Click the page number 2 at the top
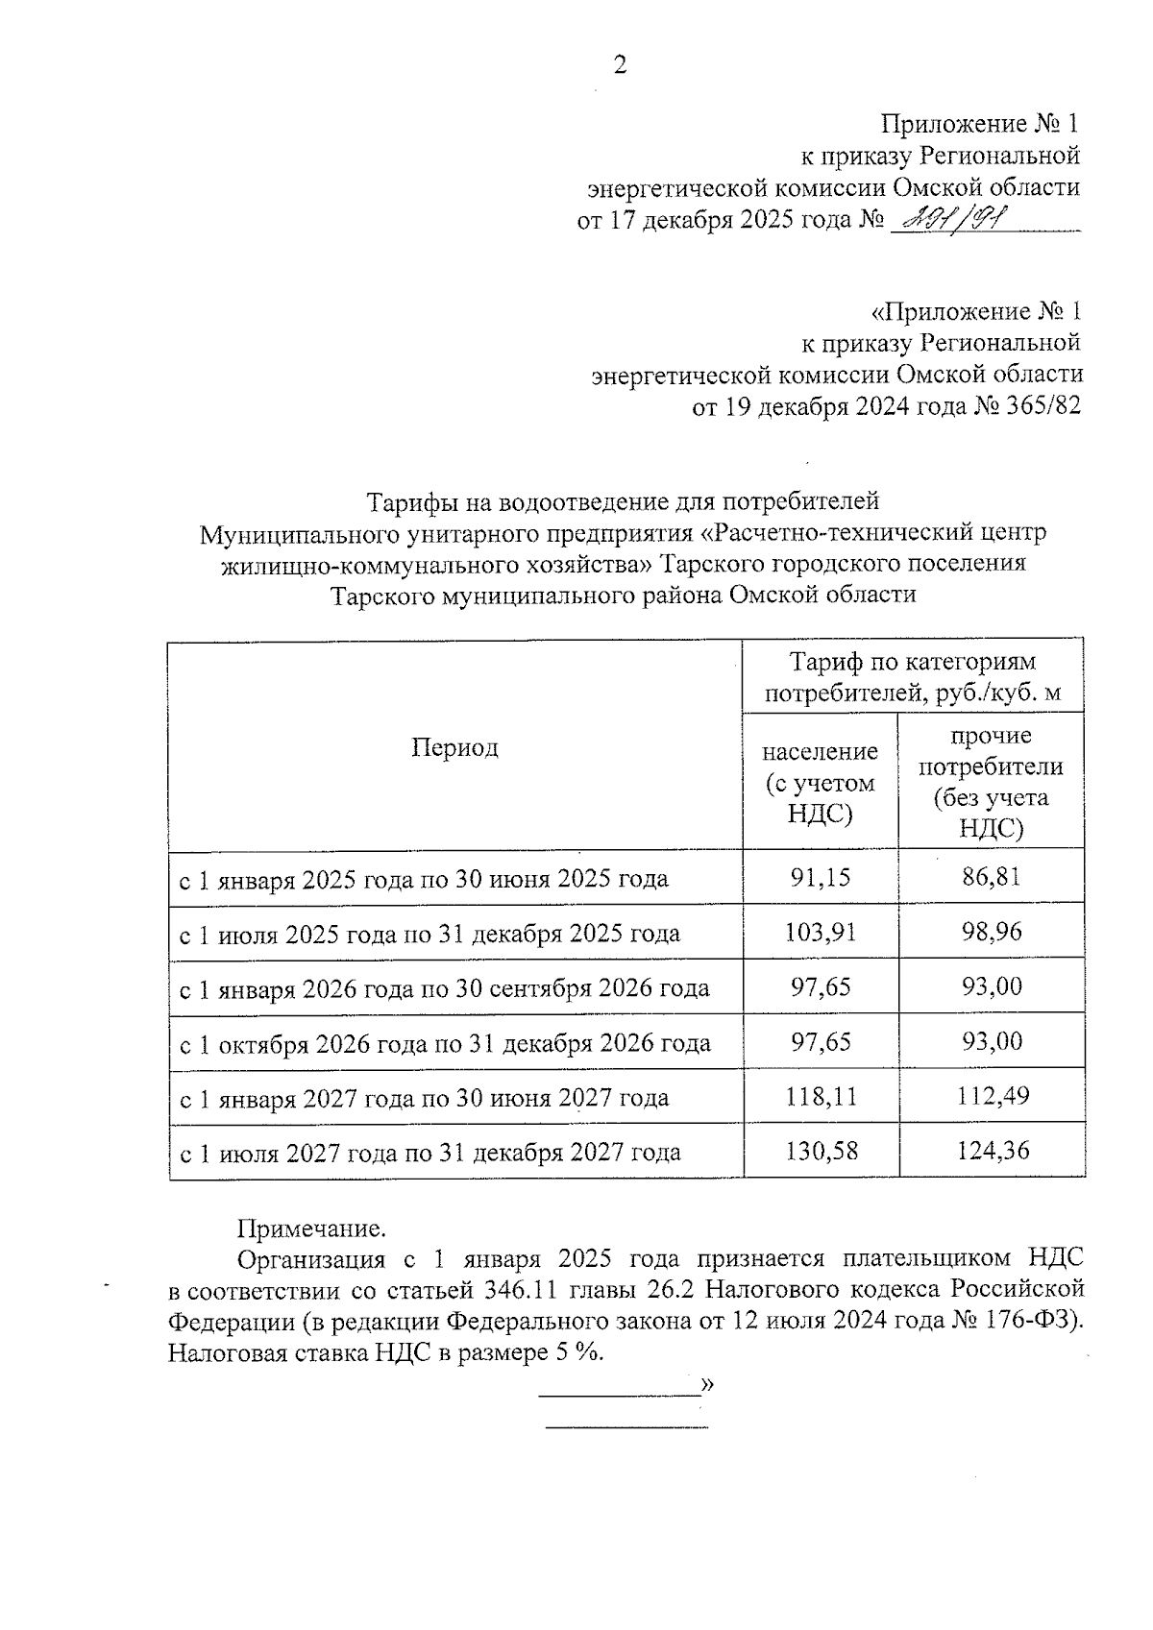(620, 65)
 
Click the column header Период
(454, 747)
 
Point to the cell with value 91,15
(821, 877)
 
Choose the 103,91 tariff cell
(821, 932)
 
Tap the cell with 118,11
(821, 1096)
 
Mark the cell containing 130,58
(821, 1151)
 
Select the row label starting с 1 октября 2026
(445, 1043)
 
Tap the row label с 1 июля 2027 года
(429, 1153)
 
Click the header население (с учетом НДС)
(820, 782)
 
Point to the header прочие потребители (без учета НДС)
(991, 782)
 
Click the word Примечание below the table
(311, 1229)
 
